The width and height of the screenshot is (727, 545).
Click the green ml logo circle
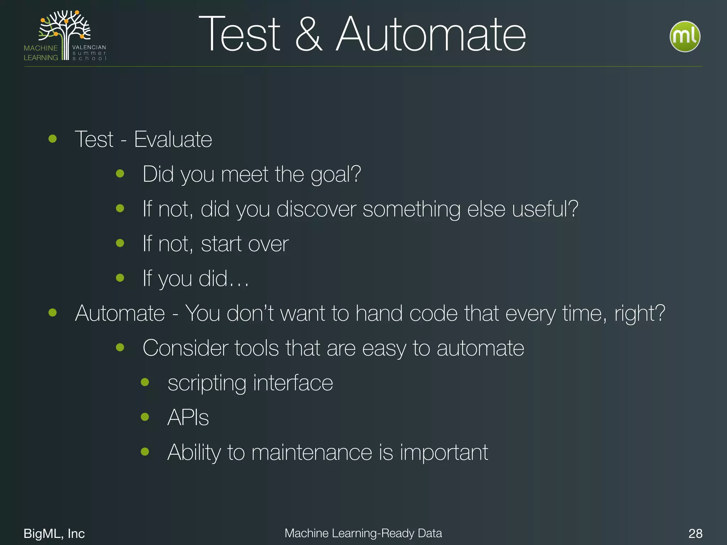(x=685, y=37)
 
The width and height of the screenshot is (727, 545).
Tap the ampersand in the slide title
(x=308, y=34)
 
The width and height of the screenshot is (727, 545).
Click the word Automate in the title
(x=431, y=34)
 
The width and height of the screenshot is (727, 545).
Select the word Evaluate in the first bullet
(x=173, y=139)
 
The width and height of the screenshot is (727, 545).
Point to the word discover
(x=316, y=209)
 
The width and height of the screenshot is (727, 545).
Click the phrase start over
(x=245, y=244)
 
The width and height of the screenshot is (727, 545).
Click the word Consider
(x=185, y=348)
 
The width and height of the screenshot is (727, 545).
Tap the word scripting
(x=207, y=383)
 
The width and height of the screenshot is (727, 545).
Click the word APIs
(x=188, y=418)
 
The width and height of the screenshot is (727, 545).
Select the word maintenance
(x=312, y=452)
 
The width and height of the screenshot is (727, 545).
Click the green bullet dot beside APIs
(x=145, y=417)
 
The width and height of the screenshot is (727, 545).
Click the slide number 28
(x=695, y=533)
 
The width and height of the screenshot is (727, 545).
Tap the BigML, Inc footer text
(x=54, y=533)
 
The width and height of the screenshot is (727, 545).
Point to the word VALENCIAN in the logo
(x=89, y=47)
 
